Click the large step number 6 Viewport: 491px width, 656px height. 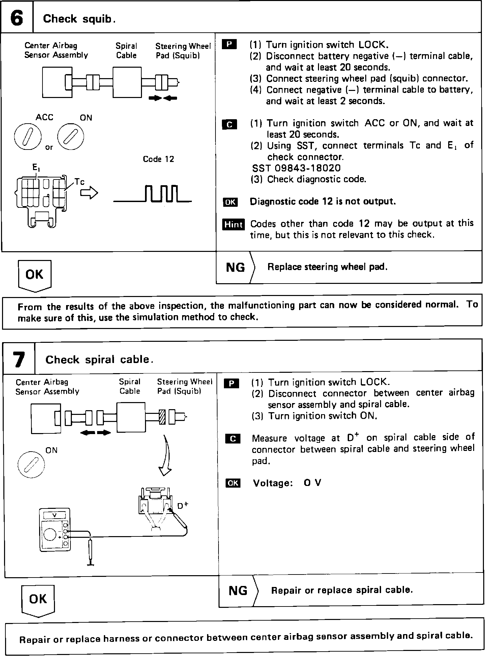coord(17,18)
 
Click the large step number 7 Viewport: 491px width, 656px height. coord(19,359)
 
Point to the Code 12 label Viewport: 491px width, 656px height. coord(158,159)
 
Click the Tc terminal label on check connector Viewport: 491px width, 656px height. coord(80,182)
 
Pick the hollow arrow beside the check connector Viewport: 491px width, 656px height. coord(89,193)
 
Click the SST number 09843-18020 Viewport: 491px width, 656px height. coord(296,168)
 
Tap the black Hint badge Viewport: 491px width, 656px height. coord(233,224)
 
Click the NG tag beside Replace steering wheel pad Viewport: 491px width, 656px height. coord(236,267)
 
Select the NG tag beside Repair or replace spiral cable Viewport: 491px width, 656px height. coord(238,591)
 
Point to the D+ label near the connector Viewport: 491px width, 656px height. coord(182,505)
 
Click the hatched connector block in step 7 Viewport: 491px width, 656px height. coord(162,418)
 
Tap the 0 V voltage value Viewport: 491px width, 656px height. coord(312,483)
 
